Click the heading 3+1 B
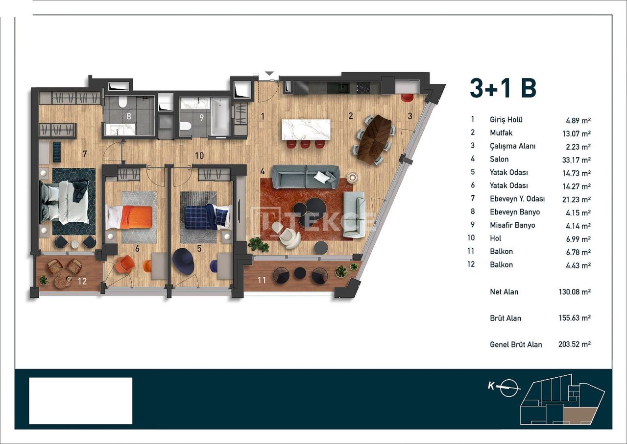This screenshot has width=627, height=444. click(x=503, y=89)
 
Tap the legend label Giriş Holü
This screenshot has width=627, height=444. click(x=506, y=120)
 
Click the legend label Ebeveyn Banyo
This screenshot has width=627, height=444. click(x=514, y=212)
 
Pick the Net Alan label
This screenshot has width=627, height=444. click(x=504, y=292)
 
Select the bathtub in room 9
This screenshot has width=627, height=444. click(x=220, y=116)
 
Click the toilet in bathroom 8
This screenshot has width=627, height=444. click(x=122, y=102)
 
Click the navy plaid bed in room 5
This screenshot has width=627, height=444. click(x=206, y=216)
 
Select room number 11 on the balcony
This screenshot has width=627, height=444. click(x=262, y=280)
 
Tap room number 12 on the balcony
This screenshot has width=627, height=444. click(x=82, y=281)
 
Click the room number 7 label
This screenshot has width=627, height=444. click(x=84, y=154)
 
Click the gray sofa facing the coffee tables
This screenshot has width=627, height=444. click(x=305, y=174)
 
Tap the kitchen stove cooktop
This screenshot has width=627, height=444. click(x=363, y=88)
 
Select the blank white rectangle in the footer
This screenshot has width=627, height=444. click(x=81, y=400)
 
